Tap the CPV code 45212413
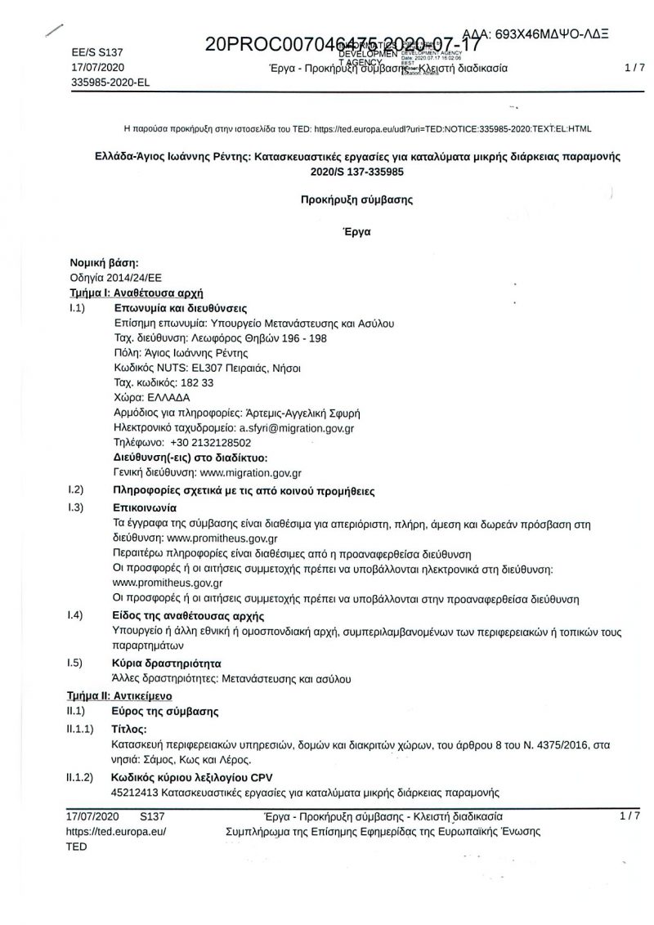136,792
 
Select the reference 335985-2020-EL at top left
110,83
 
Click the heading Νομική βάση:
104,262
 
